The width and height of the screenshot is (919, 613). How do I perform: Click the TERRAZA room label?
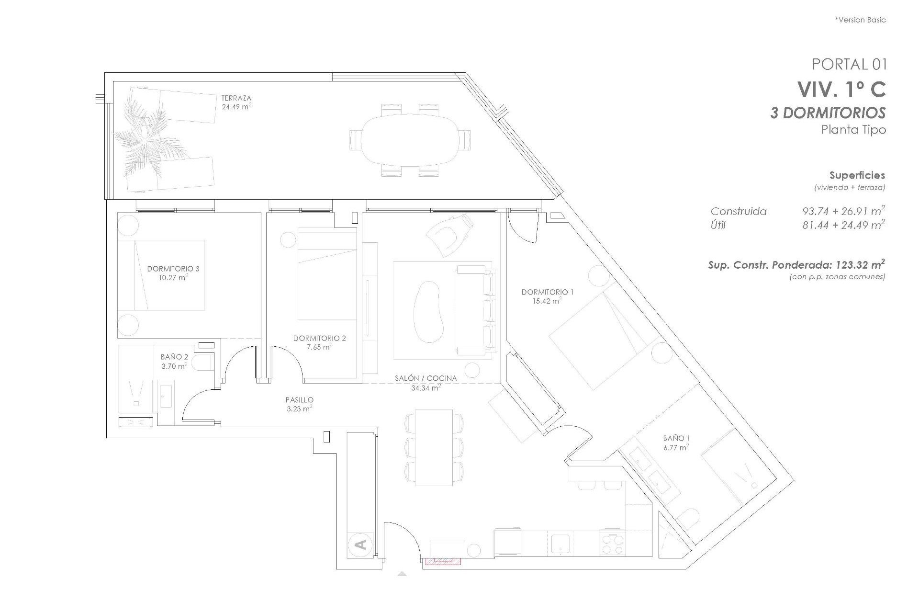point(236,98)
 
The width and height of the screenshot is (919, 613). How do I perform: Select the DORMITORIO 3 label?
point(173,269)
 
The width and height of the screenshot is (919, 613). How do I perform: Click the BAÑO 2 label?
point(174,357)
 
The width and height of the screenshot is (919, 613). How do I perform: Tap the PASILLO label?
point(299,399)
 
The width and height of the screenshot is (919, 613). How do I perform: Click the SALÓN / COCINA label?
point(426,378)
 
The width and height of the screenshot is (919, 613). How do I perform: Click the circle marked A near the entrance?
point(361,544)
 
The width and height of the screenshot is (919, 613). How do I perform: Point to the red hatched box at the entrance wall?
point(442,561)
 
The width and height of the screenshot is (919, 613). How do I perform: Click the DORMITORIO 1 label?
point(547,292)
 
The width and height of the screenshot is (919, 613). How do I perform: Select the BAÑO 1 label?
point(676,438)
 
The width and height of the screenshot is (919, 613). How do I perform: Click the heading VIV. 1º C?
point(841,89)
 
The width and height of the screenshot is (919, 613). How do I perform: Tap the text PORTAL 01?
point(849,64)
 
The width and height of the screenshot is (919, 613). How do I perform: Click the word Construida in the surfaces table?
point(738,211)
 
